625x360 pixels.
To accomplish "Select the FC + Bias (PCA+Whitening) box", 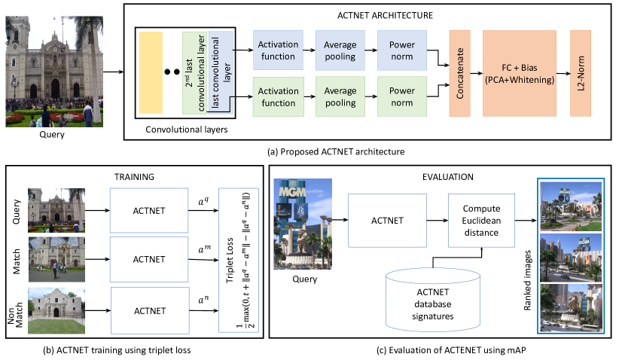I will point(519,73).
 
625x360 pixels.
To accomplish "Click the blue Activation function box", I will point(278,51).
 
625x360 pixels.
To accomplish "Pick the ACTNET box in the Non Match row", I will point(148,310).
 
